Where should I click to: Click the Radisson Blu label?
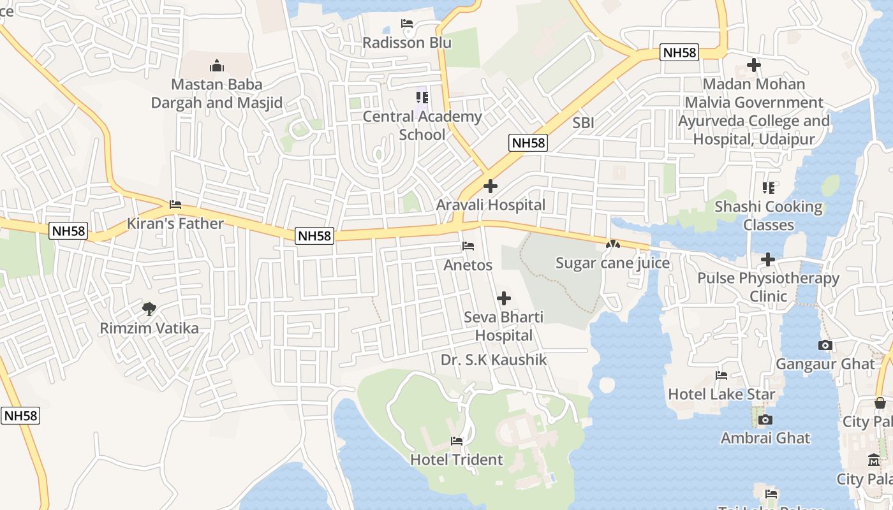coord(407,43)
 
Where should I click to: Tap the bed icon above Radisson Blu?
coord(407,24)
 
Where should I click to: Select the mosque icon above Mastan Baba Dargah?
coord(217,66)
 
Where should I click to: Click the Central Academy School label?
coord(422,126)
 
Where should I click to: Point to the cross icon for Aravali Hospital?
coord(491,186)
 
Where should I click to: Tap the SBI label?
coord(583,123)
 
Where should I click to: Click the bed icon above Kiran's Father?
coord(175,205)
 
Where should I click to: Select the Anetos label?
coord(468,265)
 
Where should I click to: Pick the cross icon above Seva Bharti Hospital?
coord(504,298)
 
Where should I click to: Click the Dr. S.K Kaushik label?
coord(494,360)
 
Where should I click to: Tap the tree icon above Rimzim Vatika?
coord(149,309)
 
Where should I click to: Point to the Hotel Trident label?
coord(457,460)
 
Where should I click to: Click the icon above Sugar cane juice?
coord(612,244)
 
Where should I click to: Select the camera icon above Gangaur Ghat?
coord(825,346)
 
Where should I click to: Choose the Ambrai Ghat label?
coord(765,438)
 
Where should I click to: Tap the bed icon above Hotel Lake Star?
coord(721,375)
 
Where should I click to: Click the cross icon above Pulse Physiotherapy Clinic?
coord(768,259)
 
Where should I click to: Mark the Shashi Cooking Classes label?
coord(769,215)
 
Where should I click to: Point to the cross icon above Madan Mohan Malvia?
coord(754,65)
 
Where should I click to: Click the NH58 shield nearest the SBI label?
coord(528,143)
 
